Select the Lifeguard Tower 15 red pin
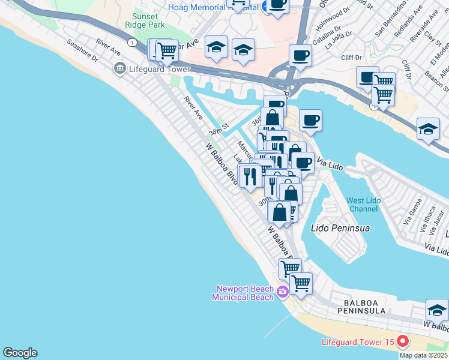[402, 342]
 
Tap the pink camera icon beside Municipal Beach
[283, 293]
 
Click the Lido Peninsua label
[340, 228]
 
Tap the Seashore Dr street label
[83, 51]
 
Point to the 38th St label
[219, 130]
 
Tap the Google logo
[20, 353]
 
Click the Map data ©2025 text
[423, 355]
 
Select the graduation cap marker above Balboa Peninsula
[437, 310]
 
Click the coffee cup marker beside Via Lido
[303, 162]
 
